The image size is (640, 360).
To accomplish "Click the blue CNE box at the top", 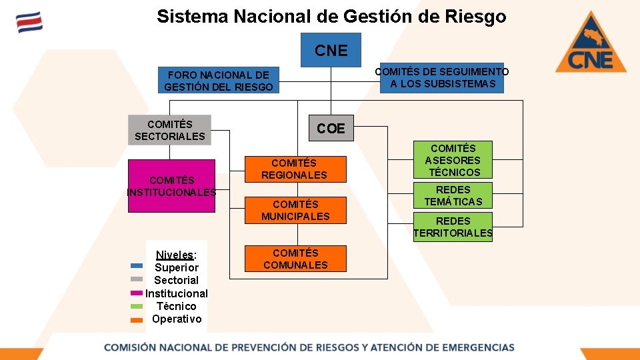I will point(331,50).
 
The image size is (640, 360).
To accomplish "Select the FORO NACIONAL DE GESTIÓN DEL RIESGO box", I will point(218,81).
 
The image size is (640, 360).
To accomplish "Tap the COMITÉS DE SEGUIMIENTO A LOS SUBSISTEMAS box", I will point(441,78).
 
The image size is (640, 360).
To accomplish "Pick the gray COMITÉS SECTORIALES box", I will point(169,130).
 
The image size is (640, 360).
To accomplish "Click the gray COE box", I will point(331,128).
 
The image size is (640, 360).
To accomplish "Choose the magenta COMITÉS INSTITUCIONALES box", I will point(171,186).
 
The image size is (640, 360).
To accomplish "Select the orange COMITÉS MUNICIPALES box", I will point(295,210).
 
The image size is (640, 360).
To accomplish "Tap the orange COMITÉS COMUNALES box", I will point(295,259).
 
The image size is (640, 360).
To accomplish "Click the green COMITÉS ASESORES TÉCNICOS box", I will point(453,160).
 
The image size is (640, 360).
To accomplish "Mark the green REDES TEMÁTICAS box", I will point(453,195).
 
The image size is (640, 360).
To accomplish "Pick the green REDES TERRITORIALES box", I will point(453,227).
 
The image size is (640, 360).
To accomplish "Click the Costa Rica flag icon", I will point(29,22).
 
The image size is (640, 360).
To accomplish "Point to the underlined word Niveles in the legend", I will point(175,255).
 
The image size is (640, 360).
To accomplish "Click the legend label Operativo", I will point(177,319).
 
